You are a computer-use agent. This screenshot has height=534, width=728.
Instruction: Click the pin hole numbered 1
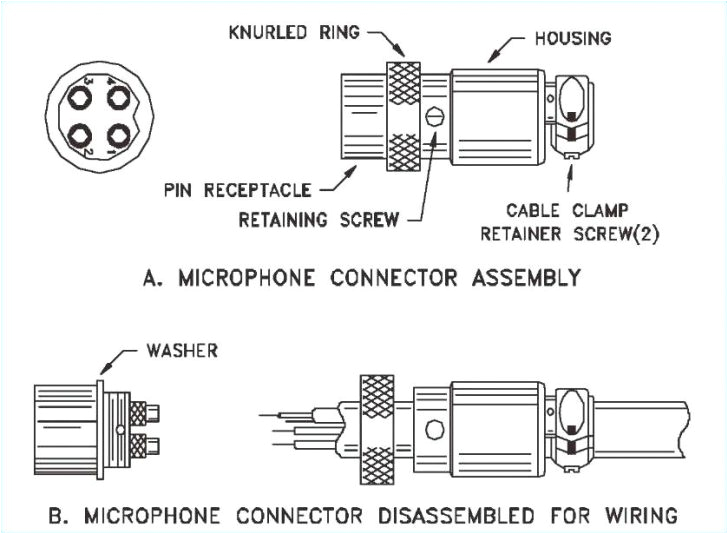click(118, 134)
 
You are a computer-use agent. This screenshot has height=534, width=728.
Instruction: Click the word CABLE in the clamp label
click(535, 211)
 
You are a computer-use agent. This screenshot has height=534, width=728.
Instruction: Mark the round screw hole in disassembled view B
click(434, 431)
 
